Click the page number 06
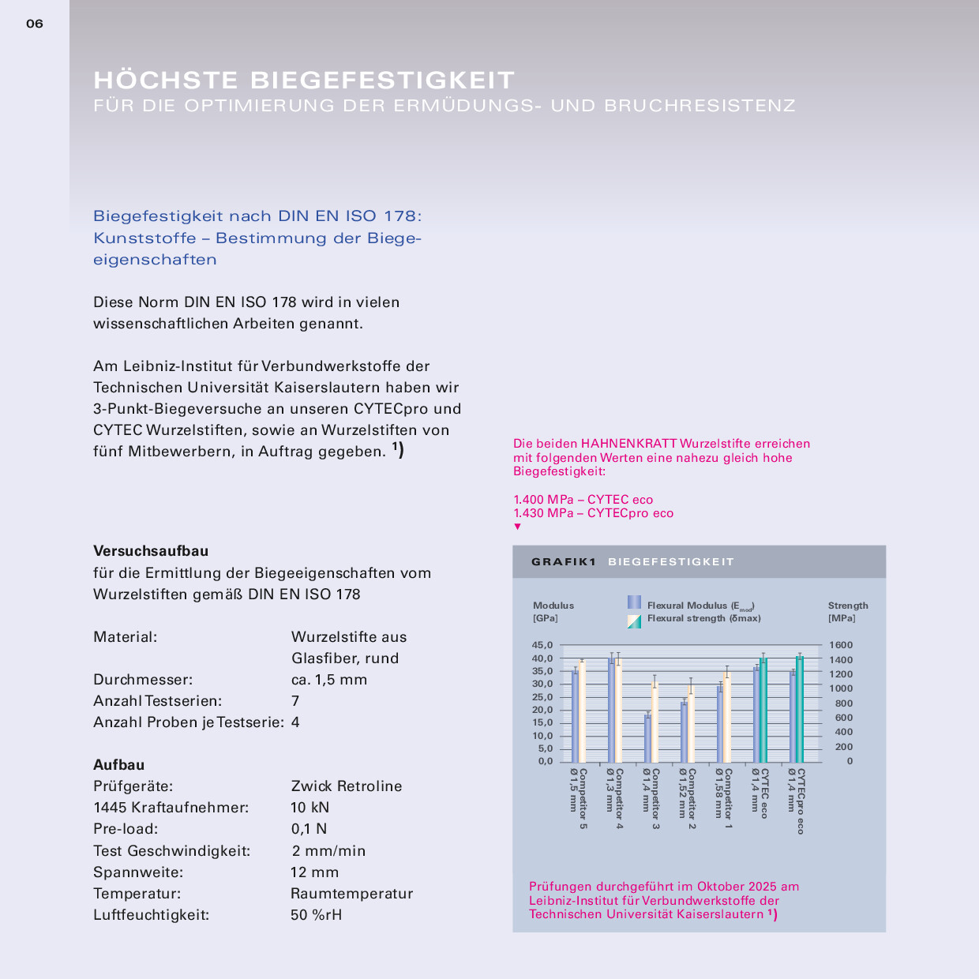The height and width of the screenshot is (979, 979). [x=35, y=24]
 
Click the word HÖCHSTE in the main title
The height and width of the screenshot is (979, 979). [x=166, y=80]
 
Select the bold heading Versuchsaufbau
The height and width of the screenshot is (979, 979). [x=151, y=551]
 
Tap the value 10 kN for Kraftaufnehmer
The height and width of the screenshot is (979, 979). [x=309, y=808]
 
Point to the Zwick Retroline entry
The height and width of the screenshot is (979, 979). [x=346, y=786]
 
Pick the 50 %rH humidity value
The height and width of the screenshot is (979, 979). [x=316, y=915]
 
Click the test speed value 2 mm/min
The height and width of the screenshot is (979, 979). [x=328, y=851]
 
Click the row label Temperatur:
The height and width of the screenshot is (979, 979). [x=137, y=894]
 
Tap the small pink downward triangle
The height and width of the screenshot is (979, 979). [x=518, y=527]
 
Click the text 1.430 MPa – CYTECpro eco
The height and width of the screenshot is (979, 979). [x=593, y=513]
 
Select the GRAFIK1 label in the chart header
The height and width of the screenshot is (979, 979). [x=563, y=562]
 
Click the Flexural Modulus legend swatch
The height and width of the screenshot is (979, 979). [x=634, y=602]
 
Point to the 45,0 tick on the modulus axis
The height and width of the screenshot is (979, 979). [x=542, y=645]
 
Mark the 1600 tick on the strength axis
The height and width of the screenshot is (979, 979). [x=841, y=645]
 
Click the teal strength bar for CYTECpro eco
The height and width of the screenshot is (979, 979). [x=800, y=709]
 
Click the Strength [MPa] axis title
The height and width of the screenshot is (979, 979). [x=847, y=612]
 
